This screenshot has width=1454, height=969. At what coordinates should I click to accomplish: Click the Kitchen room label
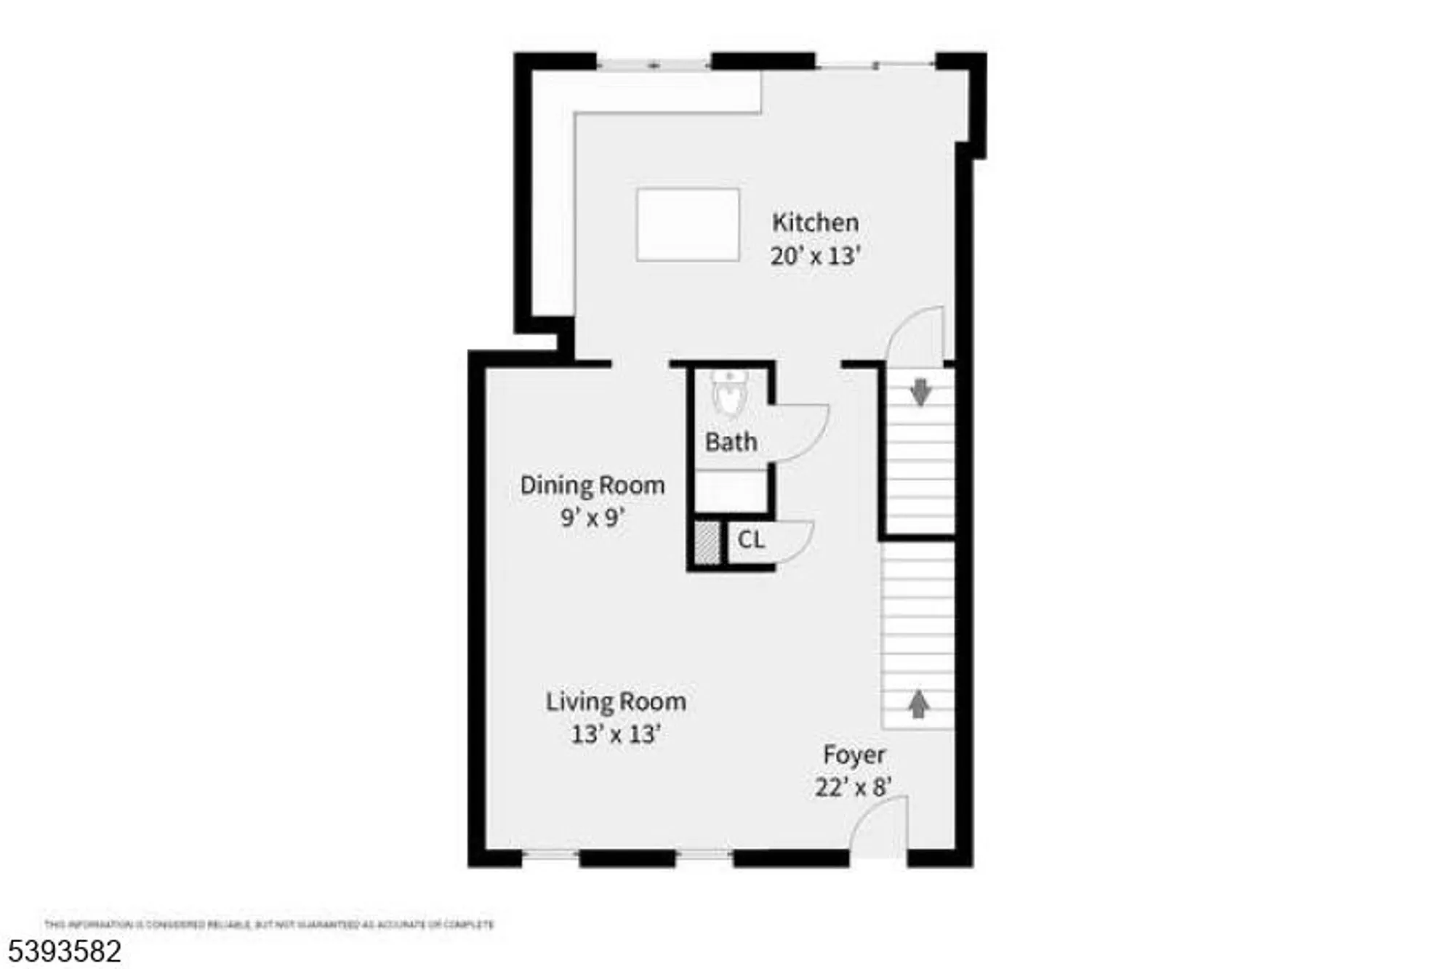[815, 222]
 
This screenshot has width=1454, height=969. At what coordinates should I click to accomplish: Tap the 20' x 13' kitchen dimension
[815, 256]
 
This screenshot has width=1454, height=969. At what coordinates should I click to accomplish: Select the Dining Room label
[592, 486]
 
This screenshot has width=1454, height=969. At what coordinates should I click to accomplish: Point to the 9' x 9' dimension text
[592, 518]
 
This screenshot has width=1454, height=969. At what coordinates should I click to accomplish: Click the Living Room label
[616, 701]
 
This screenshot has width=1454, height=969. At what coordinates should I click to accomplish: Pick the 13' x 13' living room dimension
[616, 734]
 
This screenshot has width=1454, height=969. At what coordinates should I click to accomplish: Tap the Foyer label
[853, 755]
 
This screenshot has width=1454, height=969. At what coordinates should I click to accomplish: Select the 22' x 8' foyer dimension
[853, 787]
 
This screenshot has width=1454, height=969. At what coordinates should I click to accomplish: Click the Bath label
[731, 442]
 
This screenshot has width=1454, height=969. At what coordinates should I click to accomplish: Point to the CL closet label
[750, 540]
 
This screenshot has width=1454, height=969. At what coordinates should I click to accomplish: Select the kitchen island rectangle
[688, 224]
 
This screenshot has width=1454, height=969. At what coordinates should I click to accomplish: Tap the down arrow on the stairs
[920, 392]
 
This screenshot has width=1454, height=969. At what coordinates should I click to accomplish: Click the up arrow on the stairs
[919, 703]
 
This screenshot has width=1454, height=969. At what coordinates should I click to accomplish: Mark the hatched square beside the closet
[707, 543]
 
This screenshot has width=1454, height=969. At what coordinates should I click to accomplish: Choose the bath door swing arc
[800, 433]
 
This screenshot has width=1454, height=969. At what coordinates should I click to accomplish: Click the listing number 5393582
[65, 952]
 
